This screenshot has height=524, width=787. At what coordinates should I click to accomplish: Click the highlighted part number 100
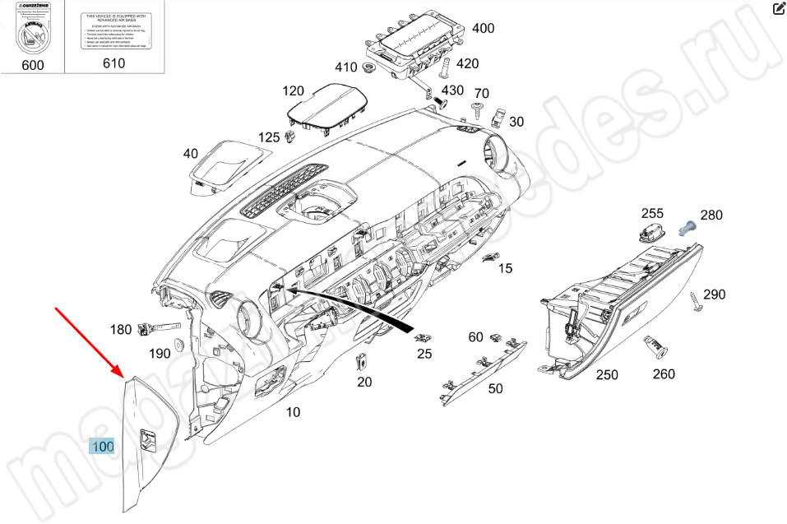103,447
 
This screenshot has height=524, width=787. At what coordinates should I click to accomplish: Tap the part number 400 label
483,28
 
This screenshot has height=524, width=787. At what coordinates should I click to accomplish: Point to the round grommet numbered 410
369,67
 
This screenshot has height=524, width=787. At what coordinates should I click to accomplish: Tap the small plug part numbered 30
497,116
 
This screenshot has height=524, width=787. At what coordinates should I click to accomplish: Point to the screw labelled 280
687,224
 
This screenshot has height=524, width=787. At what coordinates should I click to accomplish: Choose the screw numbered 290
699,302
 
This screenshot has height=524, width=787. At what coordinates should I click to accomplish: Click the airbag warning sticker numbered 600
32,31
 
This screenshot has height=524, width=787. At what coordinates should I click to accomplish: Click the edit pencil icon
779,9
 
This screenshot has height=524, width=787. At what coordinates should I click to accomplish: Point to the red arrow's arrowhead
122,374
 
